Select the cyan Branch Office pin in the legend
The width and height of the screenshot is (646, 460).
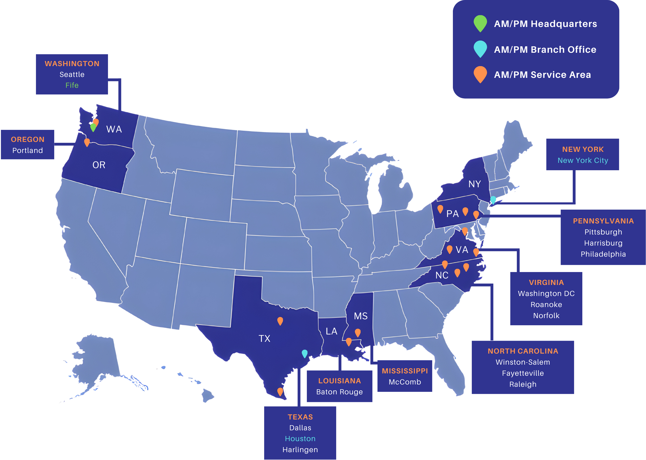[x=480, y=48]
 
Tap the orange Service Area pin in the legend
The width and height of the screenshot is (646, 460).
[x=480, y=74]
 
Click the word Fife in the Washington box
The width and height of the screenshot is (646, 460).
[x=72, y=85]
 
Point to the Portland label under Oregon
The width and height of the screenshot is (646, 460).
[x=27, y=150]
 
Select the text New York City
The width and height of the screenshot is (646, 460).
[x=583, y=160]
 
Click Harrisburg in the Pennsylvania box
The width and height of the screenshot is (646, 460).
[x=603, y=243]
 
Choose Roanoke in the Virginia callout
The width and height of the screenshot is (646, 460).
[x=546, y=305]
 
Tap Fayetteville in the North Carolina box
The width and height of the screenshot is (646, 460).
[x=523, y=373]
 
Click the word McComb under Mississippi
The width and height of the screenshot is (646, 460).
[x=405, y=382]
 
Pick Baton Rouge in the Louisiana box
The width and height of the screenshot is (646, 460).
[x=339, y=392]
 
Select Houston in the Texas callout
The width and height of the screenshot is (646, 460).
[x=300, y=439]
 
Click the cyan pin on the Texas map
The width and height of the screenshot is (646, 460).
[x=304, y=353]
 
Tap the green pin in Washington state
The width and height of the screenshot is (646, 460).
[x=93, y=127]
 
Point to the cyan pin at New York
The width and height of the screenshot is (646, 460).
[x=493, y=200]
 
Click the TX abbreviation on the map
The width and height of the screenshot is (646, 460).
[x=264, y=338]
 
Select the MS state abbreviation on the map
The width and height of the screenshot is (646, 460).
[x=361, y=316]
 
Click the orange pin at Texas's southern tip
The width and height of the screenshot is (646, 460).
[x=280, y=391]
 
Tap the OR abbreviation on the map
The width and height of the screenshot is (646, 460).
[x=99, y=165]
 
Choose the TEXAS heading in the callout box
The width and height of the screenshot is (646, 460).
[x=300, y=417]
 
